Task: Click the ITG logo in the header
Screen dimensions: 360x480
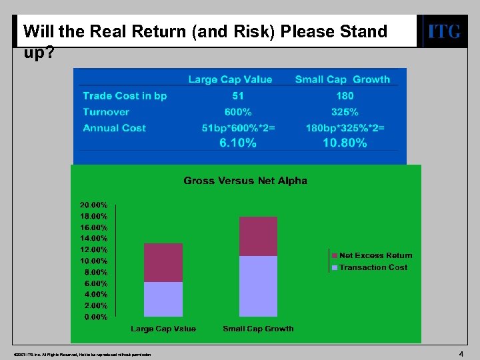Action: [443, 31]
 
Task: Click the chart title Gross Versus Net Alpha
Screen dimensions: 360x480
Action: [245, 181]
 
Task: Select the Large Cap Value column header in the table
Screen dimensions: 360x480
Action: [230, 79]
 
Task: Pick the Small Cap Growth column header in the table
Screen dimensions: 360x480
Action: [342, 79]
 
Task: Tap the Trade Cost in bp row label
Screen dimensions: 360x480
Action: [125, 96]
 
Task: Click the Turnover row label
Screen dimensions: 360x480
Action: [106, 112]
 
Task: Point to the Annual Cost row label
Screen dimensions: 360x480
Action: [114, 128]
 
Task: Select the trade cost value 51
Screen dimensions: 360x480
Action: [238, 96]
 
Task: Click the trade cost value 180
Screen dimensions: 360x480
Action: [345, 96]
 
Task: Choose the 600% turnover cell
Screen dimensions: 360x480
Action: [238, 112]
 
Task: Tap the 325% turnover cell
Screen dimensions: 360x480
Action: [345, 112]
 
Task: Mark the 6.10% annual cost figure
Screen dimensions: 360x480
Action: [238, 143]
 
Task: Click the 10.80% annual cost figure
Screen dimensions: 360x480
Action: [345, 143]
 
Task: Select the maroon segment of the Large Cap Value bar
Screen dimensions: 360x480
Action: [163, 263]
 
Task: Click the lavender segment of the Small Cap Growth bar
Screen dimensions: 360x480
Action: [258, 286]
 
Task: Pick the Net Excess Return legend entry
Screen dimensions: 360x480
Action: [375, 255]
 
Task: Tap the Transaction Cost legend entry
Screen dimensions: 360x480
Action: [373, 267]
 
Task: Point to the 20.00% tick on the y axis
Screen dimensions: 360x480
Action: [94, 205]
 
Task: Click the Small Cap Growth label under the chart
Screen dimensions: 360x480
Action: [258, 329]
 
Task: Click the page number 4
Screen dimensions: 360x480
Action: [461, 353]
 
